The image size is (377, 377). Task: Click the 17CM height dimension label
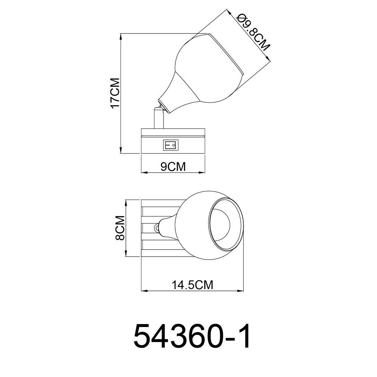(x=115, y=93)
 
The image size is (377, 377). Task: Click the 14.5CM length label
(x=193, y=285)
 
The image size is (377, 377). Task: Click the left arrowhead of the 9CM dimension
(x=143, y=172)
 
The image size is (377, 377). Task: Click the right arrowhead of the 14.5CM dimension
(x=243, y=291)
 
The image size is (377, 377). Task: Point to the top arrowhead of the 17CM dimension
(x=121, y=36)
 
